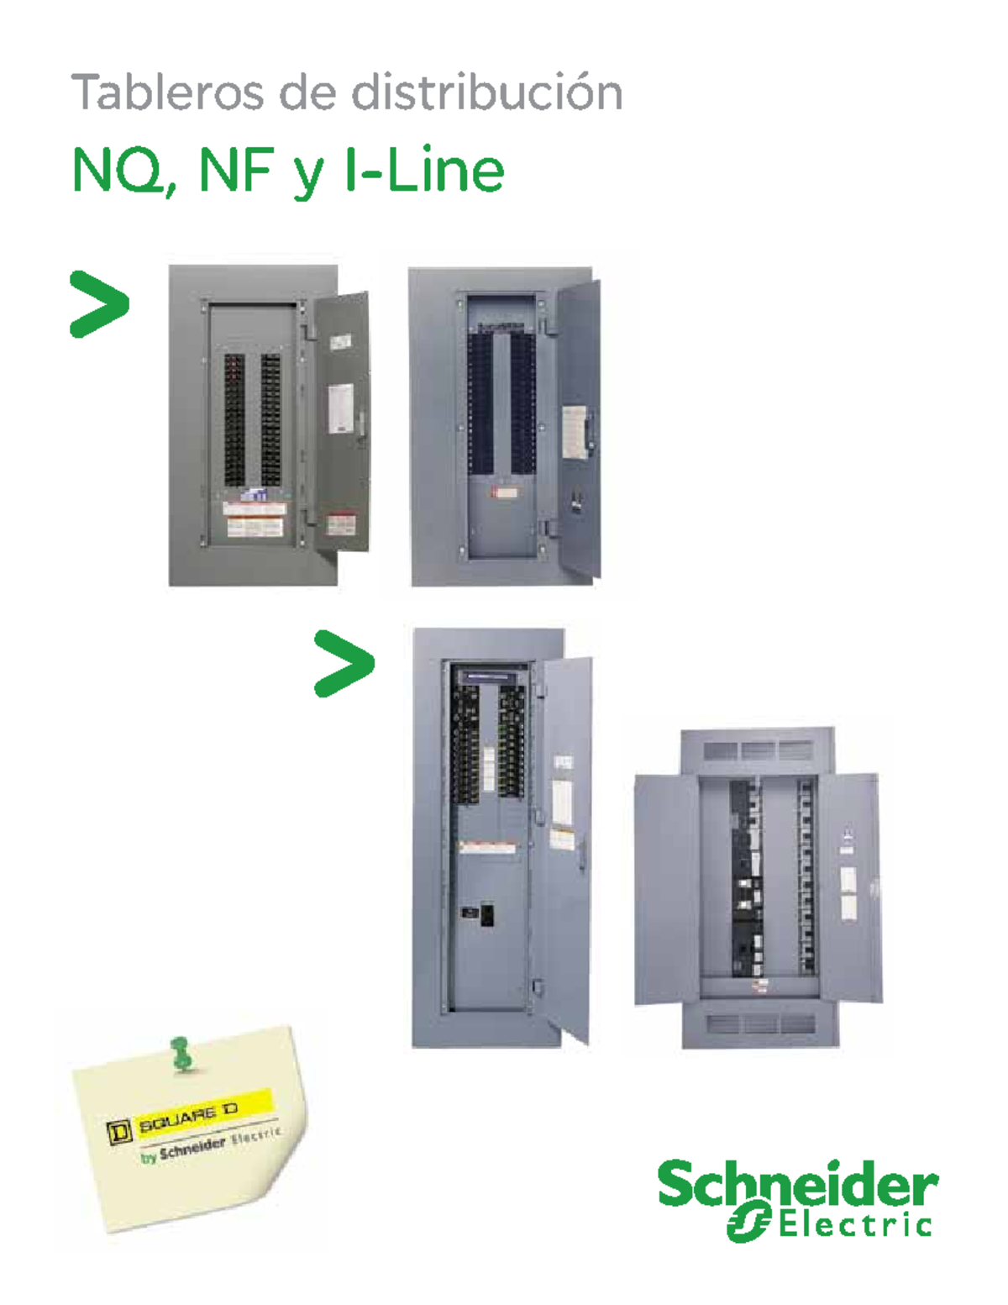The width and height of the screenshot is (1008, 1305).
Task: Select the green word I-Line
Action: (424, 171)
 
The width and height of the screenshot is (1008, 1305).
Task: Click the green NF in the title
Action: (235, 171)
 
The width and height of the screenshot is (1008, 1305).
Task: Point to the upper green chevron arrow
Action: (99, 304)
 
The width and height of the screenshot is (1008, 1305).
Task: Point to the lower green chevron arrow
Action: (344, 663)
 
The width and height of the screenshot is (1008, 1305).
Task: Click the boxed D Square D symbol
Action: (120, 1132)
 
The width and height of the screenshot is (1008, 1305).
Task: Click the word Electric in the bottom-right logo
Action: (854, 1225)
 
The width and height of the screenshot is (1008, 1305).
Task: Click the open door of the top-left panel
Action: (341, 420)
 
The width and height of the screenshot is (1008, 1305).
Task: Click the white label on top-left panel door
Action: (339, 408)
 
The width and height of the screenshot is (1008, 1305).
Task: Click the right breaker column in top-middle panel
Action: (523, 403)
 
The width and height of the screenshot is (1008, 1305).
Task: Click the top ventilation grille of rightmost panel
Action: (758, 750)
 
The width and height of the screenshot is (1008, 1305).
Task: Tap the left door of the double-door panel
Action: (665, 888)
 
